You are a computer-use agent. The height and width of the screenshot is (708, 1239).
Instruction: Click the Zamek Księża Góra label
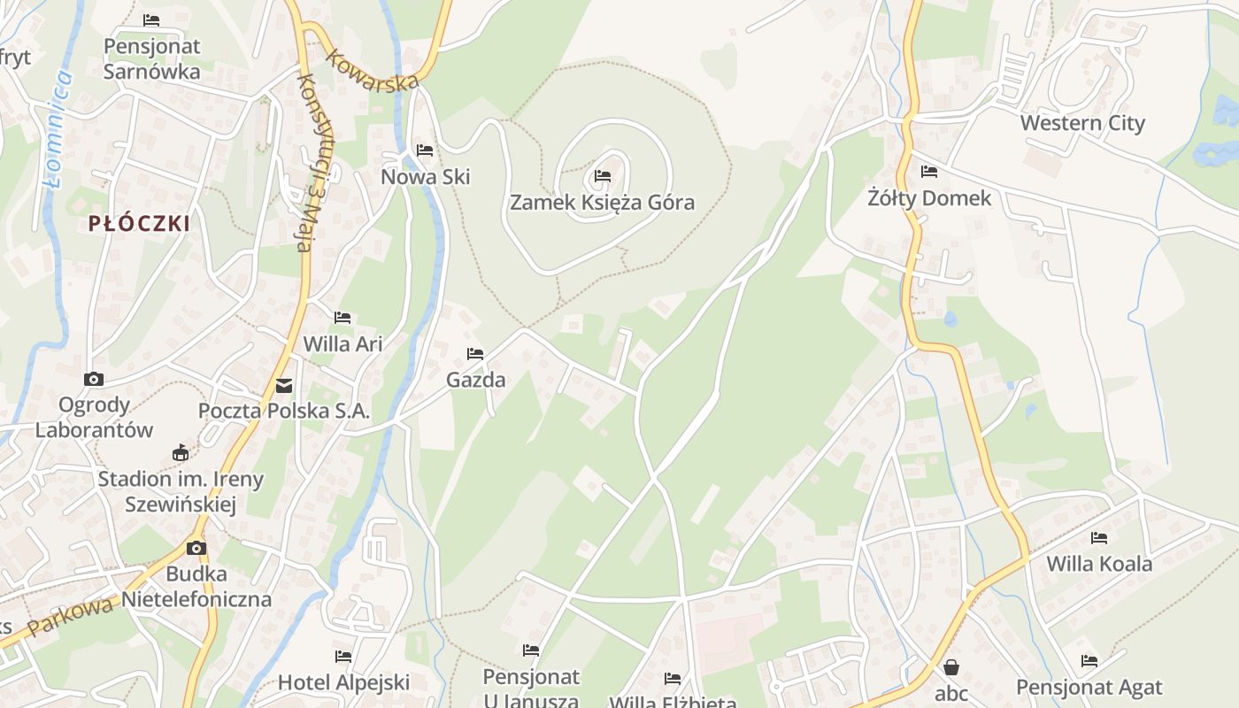(602, 203)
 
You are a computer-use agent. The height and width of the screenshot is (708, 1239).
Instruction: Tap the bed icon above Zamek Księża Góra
(603, 175)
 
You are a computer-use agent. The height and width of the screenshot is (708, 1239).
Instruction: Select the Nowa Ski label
(425, 177)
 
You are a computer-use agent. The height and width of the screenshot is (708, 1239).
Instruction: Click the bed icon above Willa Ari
(342, 317)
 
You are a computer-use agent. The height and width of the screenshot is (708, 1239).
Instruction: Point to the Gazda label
(475, 381)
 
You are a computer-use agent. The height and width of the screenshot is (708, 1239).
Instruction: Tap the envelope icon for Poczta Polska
(284, 385)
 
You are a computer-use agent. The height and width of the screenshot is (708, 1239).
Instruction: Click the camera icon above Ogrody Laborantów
(93, 379)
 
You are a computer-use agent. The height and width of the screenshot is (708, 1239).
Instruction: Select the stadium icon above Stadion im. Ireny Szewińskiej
(181, 452)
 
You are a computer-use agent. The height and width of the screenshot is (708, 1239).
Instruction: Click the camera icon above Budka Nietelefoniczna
(196, 548)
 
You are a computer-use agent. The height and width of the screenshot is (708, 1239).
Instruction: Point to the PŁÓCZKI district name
(139, 224)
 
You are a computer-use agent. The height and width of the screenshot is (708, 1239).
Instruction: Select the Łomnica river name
(58, 128)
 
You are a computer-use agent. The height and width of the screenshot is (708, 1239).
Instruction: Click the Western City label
(1082, 123)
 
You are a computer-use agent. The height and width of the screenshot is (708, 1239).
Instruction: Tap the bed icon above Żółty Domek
(928, 171)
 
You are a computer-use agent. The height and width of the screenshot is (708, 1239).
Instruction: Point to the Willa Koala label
(1099, 564)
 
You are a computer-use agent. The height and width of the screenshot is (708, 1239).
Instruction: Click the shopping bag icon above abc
(951, 666)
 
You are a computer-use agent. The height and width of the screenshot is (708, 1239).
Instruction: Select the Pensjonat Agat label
(1089, 687)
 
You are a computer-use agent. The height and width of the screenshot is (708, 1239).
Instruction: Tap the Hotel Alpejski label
(343, 682)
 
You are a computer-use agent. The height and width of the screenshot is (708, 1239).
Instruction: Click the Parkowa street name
(71, 617)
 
